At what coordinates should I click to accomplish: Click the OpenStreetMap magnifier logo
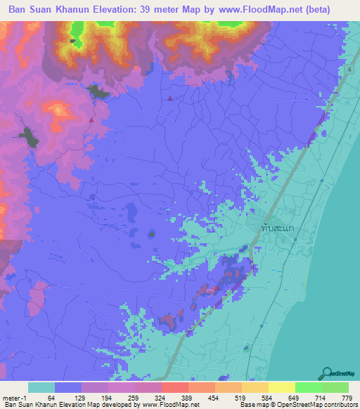[x=327, y=373]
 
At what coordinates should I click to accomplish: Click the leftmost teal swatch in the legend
[x=41, y=387]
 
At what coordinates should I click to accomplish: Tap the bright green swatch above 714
[x=308, y=387]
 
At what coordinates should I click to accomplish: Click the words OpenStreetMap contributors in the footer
[x=324, y=405]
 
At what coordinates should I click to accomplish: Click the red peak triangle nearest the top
[x=169, y=98]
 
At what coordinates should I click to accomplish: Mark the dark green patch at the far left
[x=28, y=137]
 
